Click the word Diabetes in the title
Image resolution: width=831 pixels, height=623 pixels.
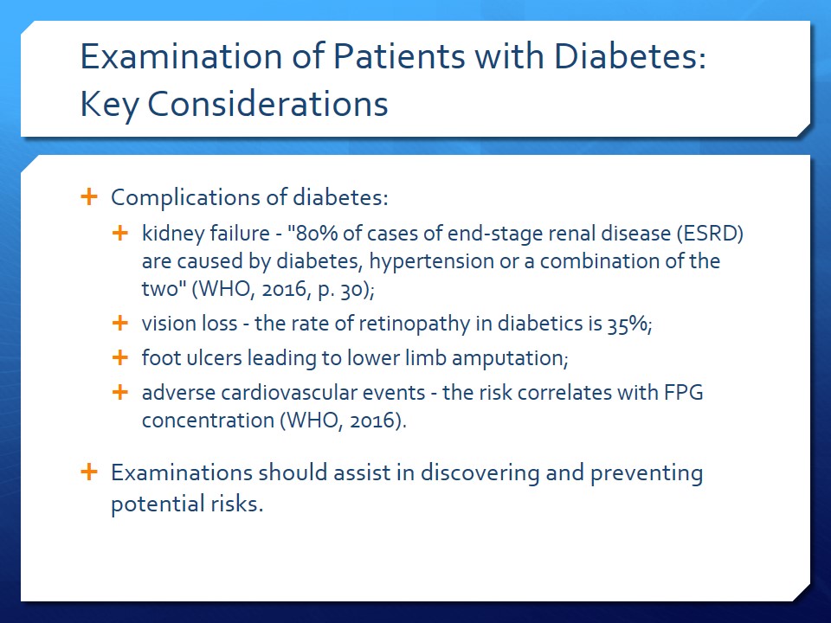tap(630, 55)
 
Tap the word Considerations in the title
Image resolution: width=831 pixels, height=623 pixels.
tap(267, 103)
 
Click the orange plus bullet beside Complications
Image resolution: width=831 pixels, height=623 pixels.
tap(89, 196)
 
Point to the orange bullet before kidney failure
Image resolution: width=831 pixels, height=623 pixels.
tap(120, 233)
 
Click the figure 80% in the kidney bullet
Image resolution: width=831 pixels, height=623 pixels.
tap(312, 234)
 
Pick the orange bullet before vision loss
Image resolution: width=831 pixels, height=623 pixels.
tap(120, 323)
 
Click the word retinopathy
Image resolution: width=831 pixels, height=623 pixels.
tap(415, 324)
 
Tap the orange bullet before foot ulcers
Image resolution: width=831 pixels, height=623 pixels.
tap(120, 357)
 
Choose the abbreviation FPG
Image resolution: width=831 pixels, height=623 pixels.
tap(683, 393)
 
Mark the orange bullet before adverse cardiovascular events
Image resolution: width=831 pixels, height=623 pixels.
tap(120, 392)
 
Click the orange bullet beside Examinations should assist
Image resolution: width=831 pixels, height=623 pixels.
tap(89, 472)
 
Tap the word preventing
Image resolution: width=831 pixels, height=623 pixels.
tap(647, 473)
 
